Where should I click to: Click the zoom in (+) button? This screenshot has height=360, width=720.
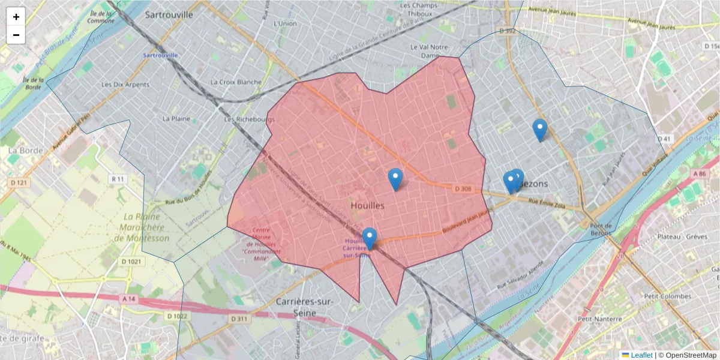pyautogui.click(x=16, y=17)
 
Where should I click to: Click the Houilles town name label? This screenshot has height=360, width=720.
pyautogui.click(x=368, y=205)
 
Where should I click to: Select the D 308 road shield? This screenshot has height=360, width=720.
pyautogui.click(x=464, y=189)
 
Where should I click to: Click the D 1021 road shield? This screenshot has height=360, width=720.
pyautogui.click(x=131, y=262)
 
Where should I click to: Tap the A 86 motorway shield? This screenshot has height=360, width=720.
pyautogui.click(x=699, y=173)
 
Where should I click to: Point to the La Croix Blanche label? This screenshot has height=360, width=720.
pyautogui.click(x=236, y=82)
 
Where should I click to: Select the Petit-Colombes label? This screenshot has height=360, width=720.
pyautogui.click(x=667, y=296)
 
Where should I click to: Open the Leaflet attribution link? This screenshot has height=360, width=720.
pyautogui.click(x=641, y=355)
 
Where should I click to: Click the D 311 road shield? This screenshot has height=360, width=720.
pyautogui.click(x=239, y=319)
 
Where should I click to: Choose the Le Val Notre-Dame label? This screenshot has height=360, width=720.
pyautogui.click(x=430, y=51)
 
